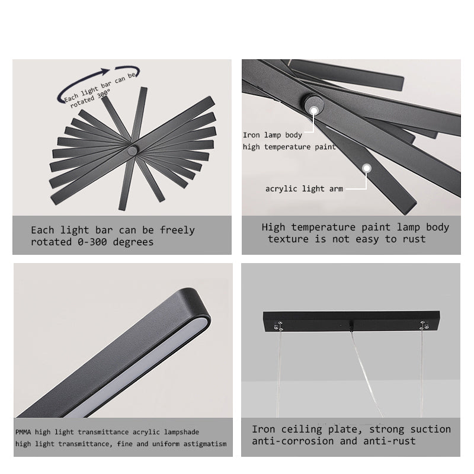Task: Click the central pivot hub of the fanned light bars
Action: [x=132, y=150]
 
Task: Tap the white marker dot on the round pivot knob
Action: [x=314, y=111]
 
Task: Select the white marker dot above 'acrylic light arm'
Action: [x=367, y=168]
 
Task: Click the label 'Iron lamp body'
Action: [x=273, y=135]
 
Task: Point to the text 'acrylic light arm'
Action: [x=304, y=188]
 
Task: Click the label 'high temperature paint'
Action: [x=289, y=147]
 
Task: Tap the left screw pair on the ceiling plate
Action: [x=279, y=326]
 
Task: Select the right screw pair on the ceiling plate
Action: [x=424, y=325]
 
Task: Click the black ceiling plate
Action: [x=351, y=321]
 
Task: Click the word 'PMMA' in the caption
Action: [x=23, y=432]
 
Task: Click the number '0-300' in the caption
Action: [x=92, y=242]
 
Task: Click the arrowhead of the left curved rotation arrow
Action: [x=106, y=72]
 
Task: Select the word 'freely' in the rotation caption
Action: [x=177, y=230]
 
